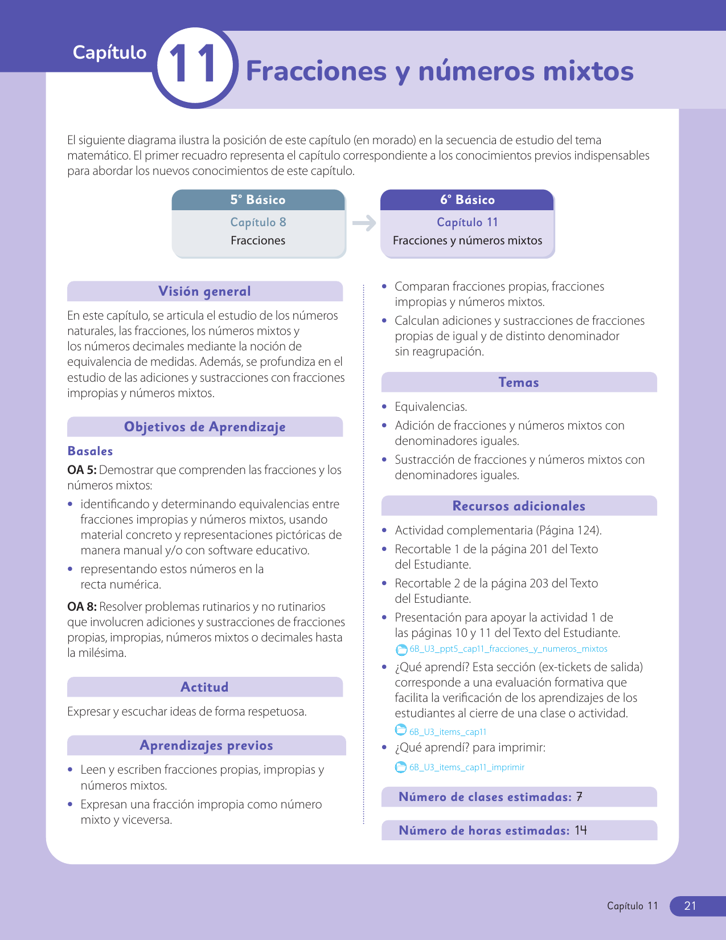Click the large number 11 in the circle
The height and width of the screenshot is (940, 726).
(194, 66)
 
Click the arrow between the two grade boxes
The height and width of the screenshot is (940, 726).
(364, 223)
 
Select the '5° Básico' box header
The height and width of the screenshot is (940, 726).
(258, 200)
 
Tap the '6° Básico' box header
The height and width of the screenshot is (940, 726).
(467, 200)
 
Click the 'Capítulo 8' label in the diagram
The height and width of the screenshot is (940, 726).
(258, 222)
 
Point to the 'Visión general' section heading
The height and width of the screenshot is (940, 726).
(204, 291)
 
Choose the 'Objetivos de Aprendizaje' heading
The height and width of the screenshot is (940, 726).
(204, 427)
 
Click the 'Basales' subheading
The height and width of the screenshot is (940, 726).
(90, 451)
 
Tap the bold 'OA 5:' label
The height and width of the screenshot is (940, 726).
(81, 470)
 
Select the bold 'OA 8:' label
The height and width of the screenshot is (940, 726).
(81, 607)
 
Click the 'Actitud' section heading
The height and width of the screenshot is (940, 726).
(204, 687)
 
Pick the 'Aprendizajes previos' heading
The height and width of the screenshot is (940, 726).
(206, 745)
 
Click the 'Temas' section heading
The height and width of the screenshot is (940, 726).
(518, 382)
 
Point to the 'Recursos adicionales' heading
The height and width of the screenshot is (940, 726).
(518, 506)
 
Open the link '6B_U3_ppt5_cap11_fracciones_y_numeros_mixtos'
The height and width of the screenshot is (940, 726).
(508, 649)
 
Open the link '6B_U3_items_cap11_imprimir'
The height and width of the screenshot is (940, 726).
(466, 767)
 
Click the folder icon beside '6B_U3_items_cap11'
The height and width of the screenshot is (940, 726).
(401, 730)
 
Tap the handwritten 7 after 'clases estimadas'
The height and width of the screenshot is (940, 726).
(579, 796)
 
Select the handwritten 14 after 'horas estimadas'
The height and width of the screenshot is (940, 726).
(580, 830)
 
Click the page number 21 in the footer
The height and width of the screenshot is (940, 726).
(690, 906)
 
